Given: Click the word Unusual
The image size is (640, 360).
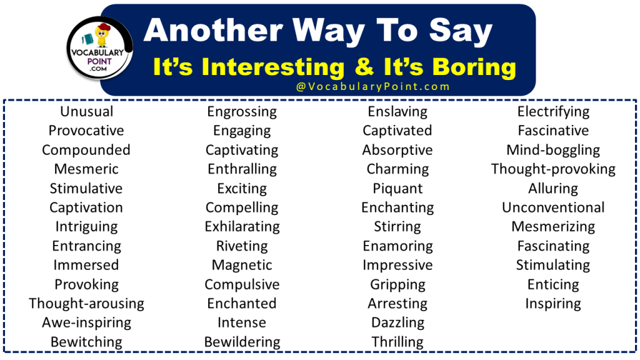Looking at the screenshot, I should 86,112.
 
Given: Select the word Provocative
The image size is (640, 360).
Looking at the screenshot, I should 86,131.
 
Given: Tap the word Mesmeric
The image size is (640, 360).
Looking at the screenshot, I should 86,169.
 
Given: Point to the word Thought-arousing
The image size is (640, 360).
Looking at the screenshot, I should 86,304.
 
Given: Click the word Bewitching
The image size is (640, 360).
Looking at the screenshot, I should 86,342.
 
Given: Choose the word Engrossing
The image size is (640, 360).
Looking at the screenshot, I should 242,112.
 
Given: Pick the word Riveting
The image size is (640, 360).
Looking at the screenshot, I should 242,246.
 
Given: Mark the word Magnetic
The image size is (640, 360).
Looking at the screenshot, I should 242,265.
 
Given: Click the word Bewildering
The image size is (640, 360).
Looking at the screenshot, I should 242,342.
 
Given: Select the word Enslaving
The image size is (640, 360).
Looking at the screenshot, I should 397,112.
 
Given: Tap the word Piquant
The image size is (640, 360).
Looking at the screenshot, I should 397,189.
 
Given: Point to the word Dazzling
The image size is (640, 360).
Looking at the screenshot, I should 397,322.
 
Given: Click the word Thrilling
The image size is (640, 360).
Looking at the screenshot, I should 397,342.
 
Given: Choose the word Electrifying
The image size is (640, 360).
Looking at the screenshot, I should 553,112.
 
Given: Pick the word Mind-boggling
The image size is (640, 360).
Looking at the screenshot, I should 553,150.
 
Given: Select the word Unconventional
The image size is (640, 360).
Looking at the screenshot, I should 553,207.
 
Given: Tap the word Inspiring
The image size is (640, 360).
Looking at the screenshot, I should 553,304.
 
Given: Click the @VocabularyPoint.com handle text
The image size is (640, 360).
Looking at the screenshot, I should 373,87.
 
